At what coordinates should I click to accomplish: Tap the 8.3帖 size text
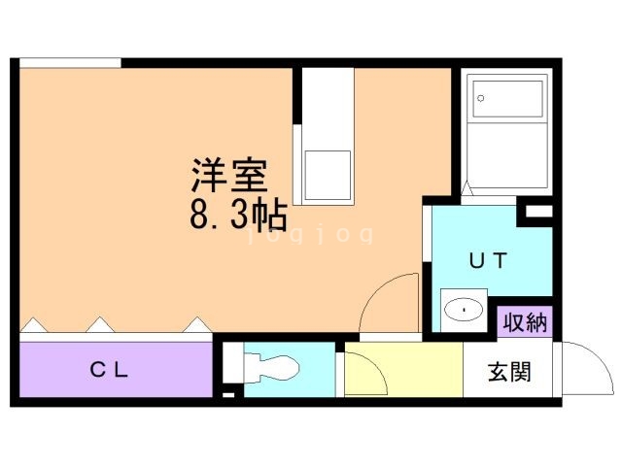(x=238, y=211)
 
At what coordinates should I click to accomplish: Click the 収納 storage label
(x=525, y=322)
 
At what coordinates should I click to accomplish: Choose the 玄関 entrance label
(x=508, y=372)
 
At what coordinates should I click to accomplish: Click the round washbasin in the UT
(x=464, y=312)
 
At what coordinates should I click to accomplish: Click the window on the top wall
(x=70, y=63)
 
